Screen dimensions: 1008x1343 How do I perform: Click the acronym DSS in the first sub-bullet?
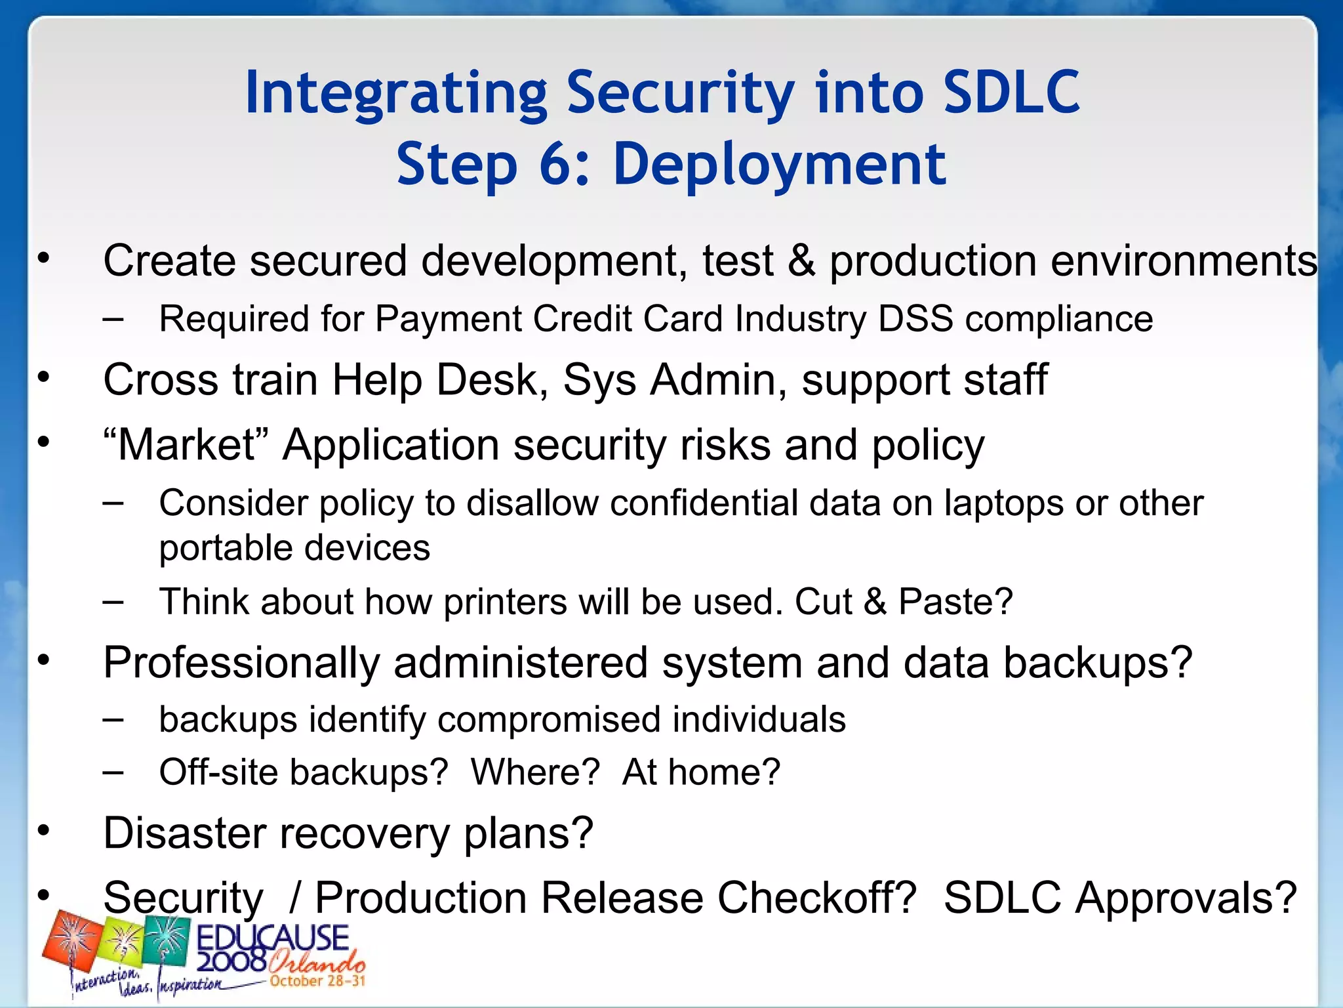pos(915,319)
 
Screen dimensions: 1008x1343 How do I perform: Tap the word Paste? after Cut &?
pos(955,602)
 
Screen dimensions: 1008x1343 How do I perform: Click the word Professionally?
pos(241,663)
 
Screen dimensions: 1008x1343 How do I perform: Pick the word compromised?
pos(550,719)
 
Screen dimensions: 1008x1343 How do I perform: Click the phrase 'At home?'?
pos(701,772)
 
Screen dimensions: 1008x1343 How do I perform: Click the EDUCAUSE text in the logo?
pos(272,938)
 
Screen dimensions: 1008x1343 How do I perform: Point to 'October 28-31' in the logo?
pos(317,981)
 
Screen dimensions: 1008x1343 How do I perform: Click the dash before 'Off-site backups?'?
pos(113,772)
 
